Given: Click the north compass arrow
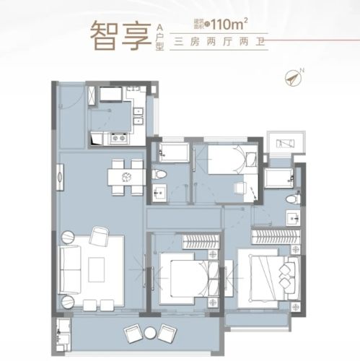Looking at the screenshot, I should pyautogui.click(x=294, y=75).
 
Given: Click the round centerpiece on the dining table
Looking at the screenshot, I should pyautogui.click(x=125, y=176).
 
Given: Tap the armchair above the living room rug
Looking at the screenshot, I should pyautogui.click(x=100, y=236).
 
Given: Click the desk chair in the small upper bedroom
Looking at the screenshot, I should pyautogui.click(x=240, y=189).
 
